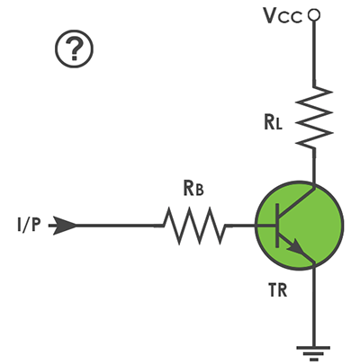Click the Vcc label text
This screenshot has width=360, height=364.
click(283, 15)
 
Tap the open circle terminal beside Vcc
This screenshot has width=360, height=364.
click(314, 14)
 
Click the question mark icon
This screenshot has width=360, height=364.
click(74, 49)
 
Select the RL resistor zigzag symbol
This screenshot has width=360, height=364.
click(314, 118)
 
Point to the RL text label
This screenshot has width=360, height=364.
click(273, 122)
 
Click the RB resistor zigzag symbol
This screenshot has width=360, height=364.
click(194, 226)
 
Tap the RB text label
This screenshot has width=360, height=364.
click(193, 189)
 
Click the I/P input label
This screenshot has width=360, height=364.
click(29, 225)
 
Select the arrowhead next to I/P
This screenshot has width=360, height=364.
click(64, 226)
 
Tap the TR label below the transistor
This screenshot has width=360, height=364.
click(277, 290)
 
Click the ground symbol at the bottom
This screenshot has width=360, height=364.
click(313, 353)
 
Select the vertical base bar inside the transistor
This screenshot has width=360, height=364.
click(277, 226)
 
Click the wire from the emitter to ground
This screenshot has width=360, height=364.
click(314, 306)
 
